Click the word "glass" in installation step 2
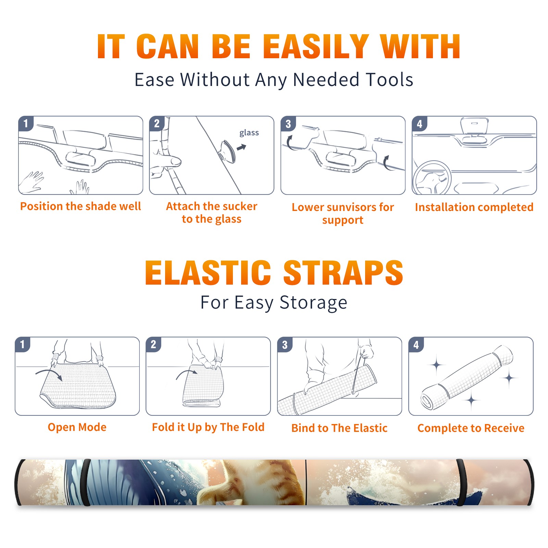(249, 133)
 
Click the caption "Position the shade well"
(80, 206)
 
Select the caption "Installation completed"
(474, 207)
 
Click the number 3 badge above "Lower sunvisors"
(288, 124)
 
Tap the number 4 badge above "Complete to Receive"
(416, 345)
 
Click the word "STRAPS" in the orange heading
(343, 273)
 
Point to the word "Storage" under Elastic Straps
(313, 303)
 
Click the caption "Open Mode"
(77, 427)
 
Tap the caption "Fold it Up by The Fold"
(208, 427)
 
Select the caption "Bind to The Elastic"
(339, 428)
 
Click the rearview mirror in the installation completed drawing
(474, 126)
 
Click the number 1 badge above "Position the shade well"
(26, 123)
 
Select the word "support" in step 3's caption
(343, 220)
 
